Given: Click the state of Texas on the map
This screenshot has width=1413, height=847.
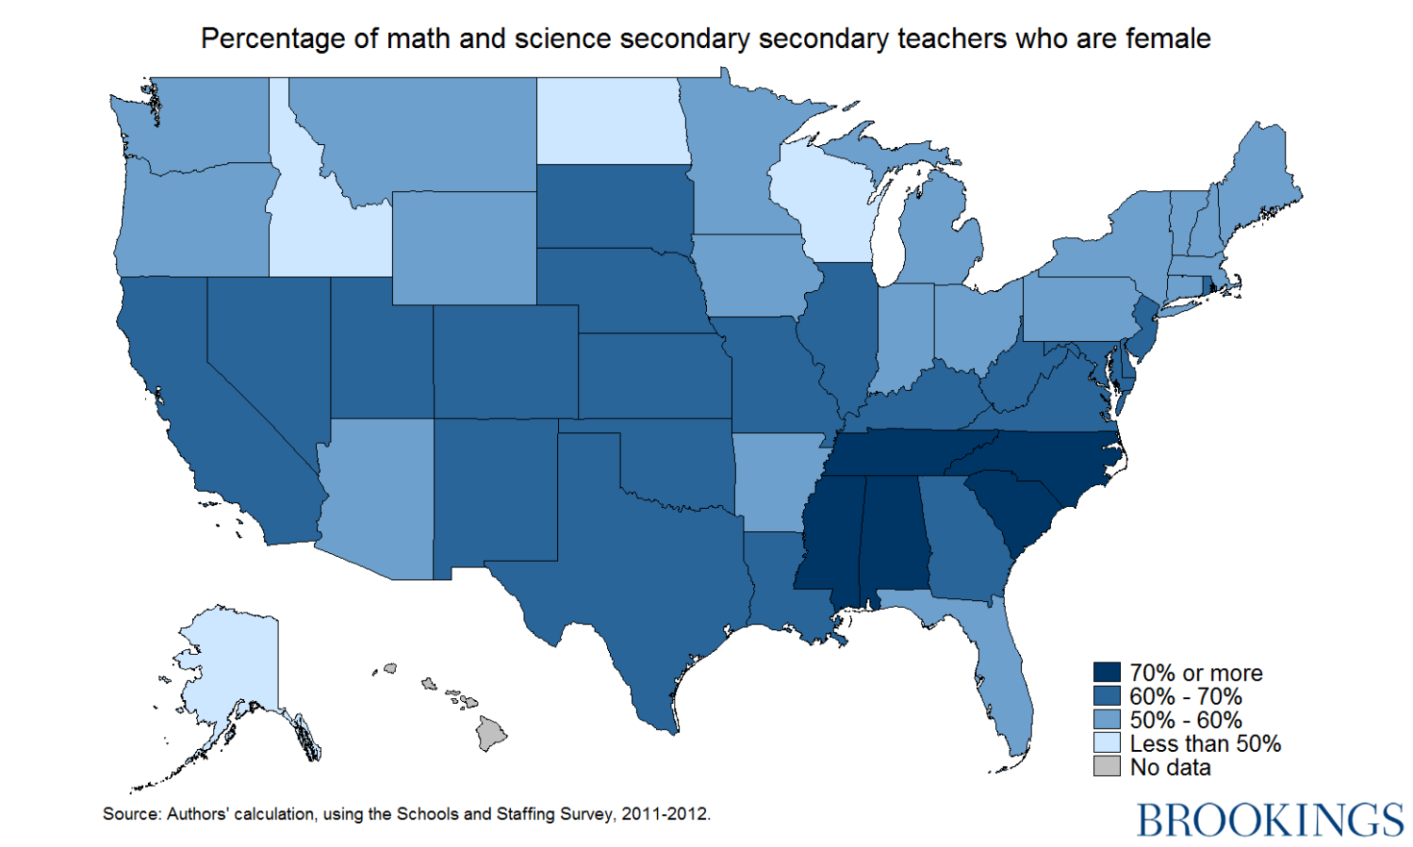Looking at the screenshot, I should tap(641, 565).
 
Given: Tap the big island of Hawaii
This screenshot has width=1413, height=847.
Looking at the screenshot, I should tap(491, 732).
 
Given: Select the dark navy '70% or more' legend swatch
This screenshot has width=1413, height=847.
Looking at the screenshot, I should tap(1106, 673).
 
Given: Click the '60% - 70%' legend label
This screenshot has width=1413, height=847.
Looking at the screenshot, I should tap(1185, 696).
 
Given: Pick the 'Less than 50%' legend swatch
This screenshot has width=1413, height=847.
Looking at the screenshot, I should tap(1106, 743).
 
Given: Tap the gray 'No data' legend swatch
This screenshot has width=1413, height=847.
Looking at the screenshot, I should tap(1106, 767).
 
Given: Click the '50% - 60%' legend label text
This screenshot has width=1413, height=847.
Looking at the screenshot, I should tap(1185, 720).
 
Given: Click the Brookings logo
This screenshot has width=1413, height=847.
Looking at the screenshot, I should tap(1269, 820).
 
